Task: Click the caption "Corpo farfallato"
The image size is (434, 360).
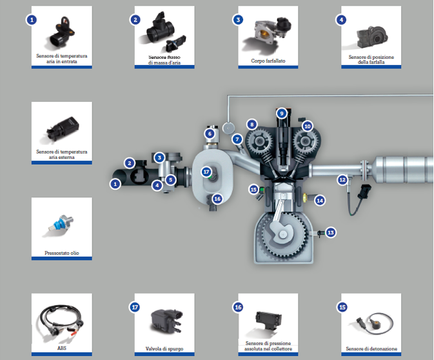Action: [x=268, y=61]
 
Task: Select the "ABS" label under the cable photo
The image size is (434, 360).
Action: [x=62, y=348]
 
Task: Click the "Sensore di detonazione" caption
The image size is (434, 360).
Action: [x=371, y=348]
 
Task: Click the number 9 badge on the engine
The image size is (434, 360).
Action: [x=281, y=113]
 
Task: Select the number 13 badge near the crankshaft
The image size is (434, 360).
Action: [x=331, y=232]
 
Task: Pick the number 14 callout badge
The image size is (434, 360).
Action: [x=319, y=201]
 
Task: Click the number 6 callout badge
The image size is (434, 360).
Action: [x=210, y=134]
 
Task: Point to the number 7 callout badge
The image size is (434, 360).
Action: [x=237, y=139]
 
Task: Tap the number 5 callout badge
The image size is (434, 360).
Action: [x=171, y=179]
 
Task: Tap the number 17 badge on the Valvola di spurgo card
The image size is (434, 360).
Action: [x=135, y=307]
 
